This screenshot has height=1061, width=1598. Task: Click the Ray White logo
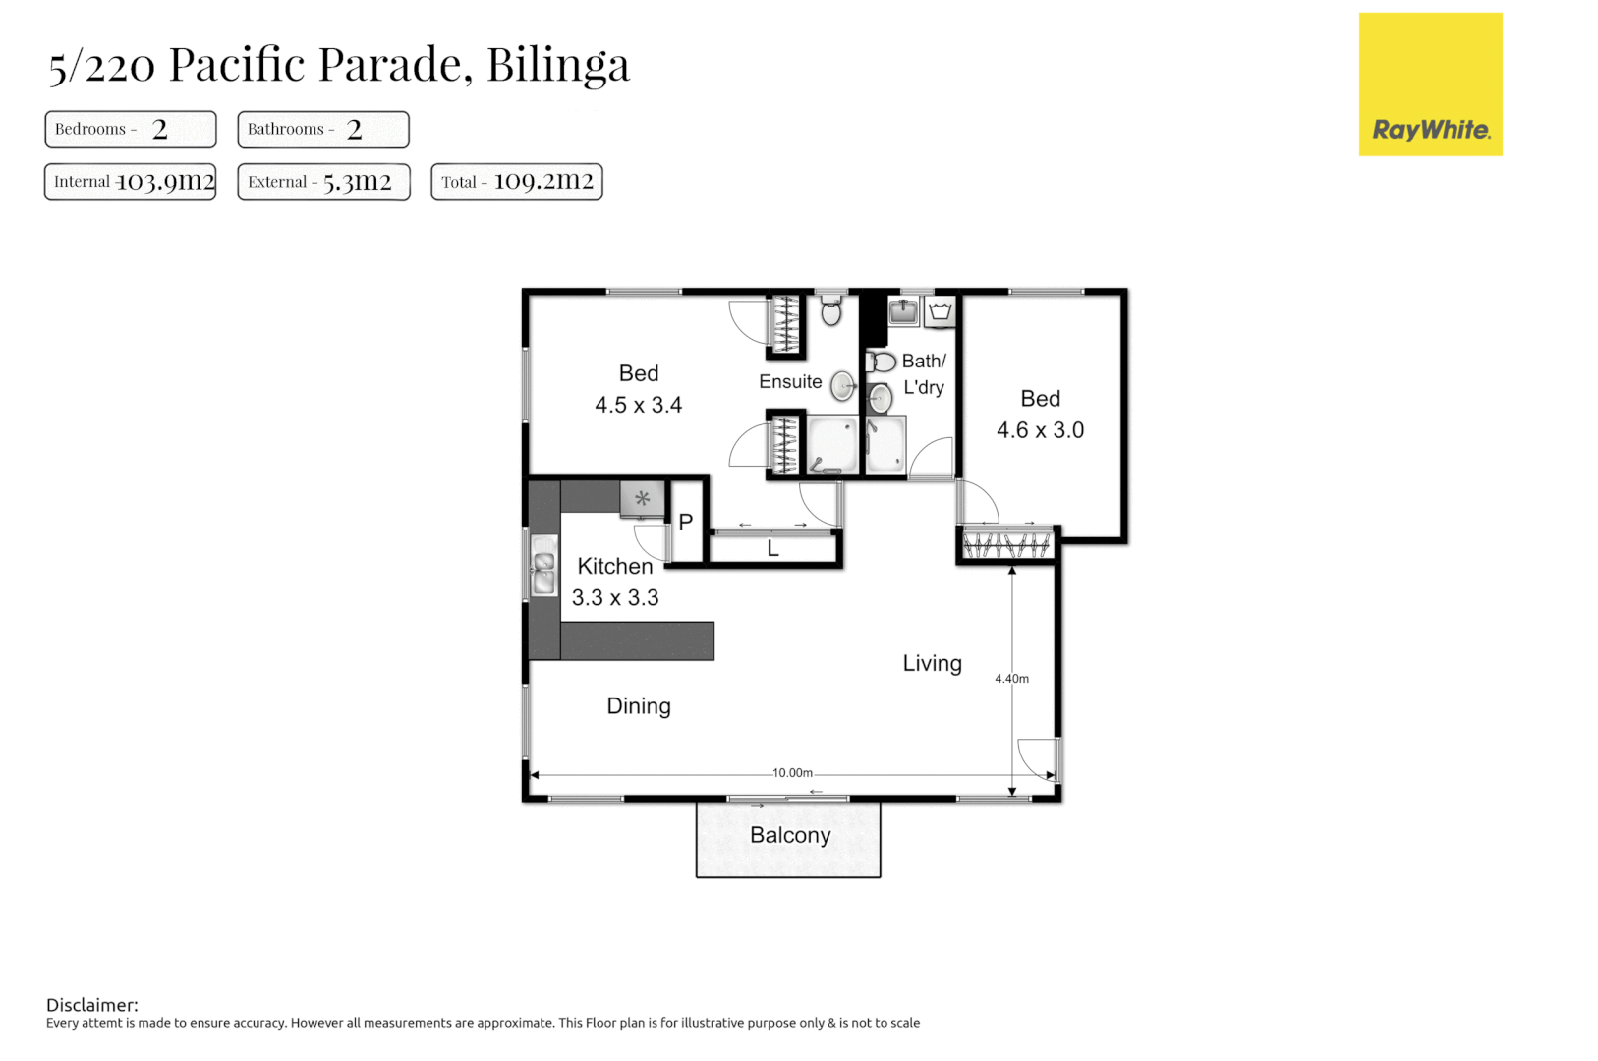point(1430,84)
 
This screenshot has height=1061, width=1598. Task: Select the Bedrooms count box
point(130,129)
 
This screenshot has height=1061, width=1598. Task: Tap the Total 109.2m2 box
point(516,182)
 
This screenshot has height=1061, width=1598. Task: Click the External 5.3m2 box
point(323,182)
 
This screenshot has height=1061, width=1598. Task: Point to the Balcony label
point(790,835)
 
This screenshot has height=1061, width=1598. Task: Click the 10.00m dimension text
point(792,773)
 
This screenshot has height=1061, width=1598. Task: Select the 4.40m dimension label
point(1011,679)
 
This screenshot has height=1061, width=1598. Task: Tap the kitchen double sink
point(543,566)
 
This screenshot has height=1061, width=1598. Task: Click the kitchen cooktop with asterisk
point(642,498)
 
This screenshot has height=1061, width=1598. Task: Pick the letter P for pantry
point(686,523)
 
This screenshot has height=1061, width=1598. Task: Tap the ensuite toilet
point(830,309)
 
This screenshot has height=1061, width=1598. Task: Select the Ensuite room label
point(790,381)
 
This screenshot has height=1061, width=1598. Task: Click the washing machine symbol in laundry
point(941,312)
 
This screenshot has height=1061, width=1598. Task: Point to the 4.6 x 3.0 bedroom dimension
point(1040,430)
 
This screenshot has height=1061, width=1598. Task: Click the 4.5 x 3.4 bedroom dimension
point(638,405)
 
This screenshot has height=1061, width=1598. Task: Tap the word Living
point(932,663)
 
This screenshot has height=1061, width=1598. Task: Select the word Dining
point(639,706)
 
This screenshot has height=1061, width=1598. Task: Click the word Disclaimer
point(91,1005)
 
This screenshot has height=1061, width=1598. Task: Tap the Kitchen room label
point(615,566)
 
